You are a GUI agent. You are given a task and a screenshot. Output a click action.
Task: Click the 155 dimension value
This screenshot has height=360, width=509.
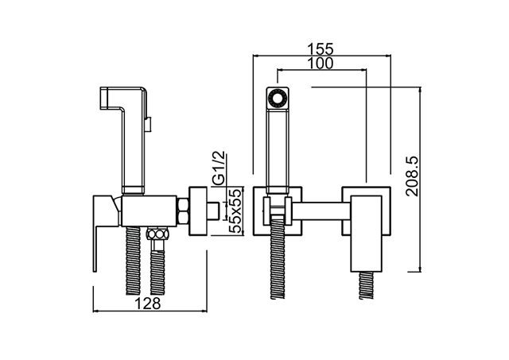(321, 49)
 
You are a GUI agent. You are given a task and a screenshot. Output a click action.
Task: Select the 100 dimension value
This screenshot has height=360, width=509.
(321, 64)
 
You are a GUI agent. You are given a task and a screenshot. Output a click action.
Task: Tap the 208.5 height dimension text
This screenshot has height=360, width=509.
(413, 176)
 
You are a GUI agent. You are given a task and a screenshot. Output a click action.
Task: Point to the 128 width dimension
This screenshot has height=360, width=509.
(147, 304)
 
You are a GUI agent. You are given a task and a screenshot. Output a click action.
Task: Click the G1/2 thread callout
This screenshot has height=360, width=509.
(220, 168)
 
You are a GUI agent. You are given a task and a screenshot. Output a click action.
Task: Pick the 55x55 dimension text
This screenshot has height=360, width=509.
(235, 211)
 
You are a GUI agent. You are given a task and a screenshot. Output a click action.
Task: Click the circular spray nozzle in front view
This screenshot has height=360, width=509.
(278, 98)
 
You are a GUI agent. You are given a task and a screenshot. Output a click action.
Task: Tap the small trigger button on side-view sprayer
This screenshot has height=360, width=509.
(149, 124)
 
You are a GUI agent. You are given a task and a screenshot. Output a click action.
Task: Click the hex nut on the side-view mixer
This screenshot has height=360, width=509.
(183, 211)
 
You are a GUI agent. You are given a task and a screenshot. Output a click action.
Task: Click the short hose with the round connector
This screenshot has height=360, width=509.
(157, 259)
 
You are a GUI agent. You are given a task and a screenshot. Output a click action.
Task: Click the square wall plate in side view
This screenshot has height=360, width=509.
(198, 211)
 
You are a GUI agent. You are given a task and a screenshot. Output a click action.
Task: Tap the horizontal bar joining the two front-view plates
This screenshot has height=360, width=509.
(321, 211)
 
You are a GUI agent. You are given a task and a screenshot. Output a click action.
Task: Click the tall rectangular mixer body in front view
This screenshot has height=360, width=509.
(366, 234)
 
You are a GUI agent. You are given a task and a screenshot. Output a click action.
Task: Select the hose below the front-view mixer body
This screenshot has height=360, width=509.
(366, 285)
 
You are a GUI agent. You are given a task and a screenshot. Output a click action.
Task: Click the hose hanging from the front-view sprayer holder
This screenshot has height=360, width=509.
(278, 258)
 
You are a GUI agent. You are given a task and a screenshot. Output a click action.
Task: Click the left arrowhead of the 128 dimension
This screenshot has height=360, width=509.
(95, 312)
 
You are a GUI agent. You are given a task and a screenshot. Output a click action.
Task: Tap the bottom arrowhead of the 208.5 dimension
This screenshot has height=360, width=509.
(421, 269)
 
